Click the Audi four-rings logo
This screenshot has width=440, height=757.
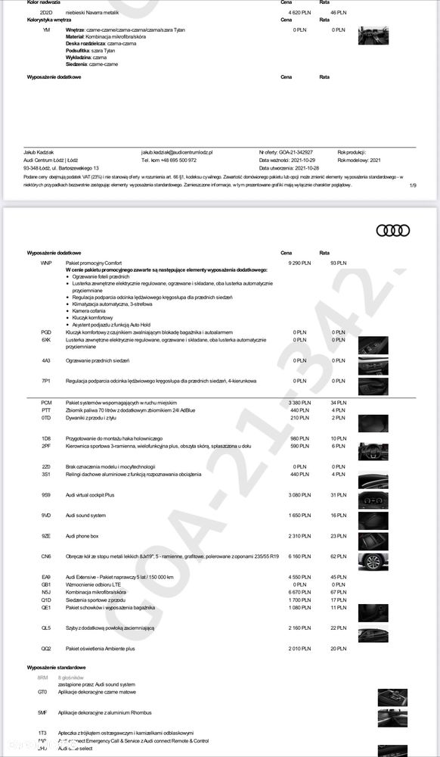tap(392, 230)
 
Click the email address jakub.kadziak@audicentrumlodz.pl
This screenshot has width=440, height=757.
tap(177, 152)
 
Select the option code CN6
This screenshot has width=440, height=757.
tap(46, 556)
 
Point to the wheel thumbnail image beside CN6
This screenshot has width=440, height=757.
tap(373, 561)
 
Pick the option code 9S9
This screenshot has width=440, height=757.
tap(46, 495)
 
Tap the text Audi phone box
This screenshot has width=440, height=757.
tap(82, 536)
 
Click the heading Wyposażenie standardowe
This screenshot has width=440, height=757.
tap(56, 668)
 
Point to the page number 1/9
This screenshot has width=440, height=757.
tap(412, 185)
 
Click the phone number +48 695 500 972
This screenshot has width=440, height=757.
tap(169, 160)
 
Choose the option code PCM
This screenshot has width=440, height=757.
tap(46, 403)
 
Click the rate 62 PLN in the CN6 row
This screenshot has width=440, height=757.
tap(338, 556)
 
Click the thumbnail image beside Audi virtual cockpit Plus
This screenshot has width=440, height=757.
tap(373, 500)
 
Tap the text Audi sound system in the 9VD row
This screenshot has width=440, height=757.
tap(85, 516)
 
